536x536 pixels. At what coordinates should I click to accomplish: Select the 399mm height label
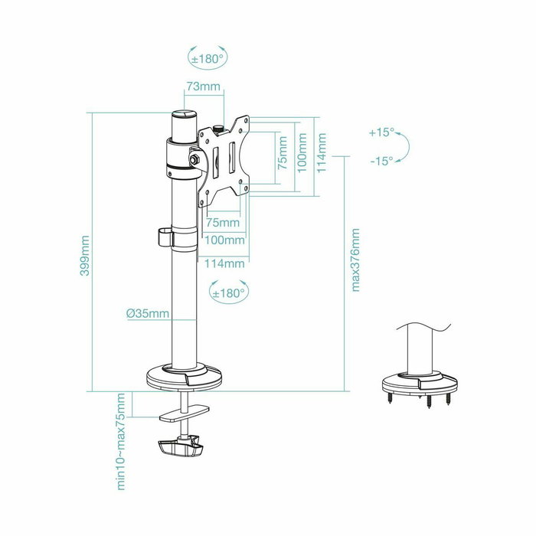point(86,257)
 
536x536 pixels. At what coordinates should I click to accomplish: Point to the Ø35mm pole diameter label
point(147,314)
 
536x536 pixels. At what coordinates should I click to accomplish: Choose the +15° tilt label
point(380,132)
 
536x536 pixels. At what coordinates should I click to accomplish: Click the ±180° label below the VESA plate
point(227,293)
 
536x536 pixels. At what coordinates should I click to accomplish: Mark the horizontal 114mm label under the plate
point(224,263)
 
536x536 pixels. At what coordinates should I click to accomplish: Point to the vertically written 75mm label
point(283,154)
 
